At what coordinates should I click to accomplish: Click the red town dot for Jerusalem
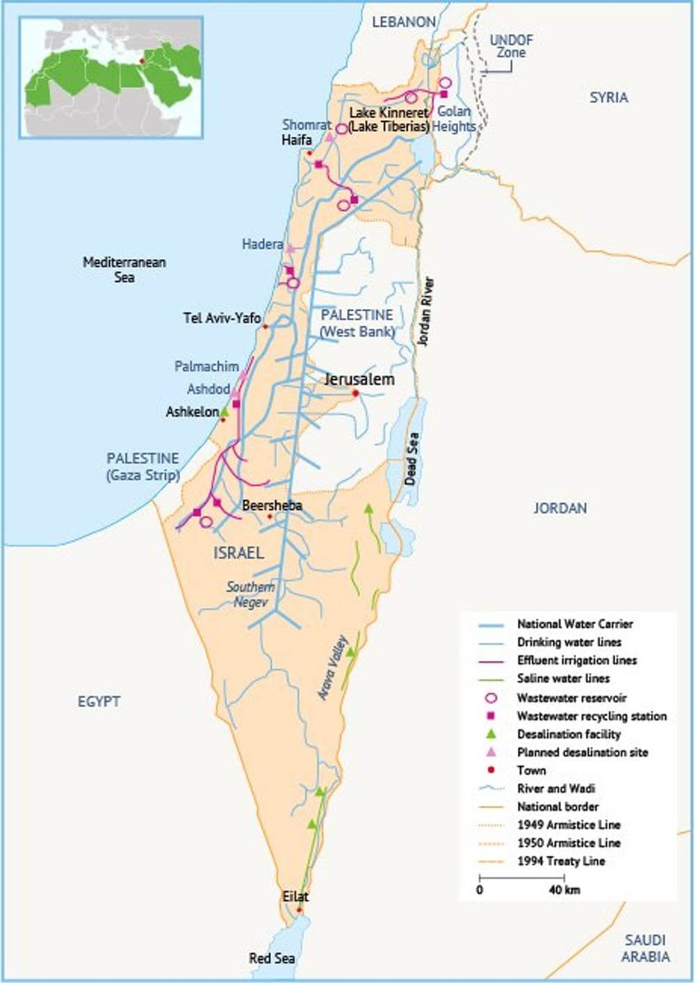click(355, 393)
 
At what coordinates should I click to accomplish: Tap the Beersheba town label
click(272, 506)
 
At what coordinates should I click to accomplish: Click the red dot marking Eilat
click(300, 909)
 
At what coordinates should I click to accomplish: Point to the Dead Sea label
click(411, 459)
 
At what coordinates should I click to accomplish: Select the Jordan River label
click(426, 312)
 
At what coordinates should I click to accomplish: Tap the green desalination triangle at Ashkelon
click(224, 411)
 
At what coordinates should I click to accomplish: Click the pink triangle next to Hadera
click(291, 248)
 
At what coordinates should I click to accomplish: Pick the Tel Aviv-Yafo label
click(222, 318)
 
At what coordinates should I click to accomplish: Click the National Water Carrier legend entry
click(575, 624)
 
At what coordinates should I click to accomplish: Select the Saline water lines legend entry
click(563, 678)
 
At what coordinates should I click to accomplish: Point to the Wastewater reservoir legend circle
click(490, 697)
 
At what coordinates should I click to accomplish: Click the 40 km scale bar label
click(564, 890)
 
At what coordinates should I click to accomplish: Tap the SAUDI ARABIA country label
click(645, 948)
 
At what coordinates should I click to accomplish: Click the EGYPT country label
click(99, 702)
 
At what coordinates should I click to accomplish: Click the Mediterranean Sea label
click(124, 270)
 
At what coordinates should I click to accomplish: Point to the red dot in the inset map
click(141, 61)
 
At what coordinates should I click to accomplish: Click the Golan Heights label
click(454, 119)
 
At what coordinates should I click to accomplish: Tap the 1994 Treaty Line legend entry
click(561, 861)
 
